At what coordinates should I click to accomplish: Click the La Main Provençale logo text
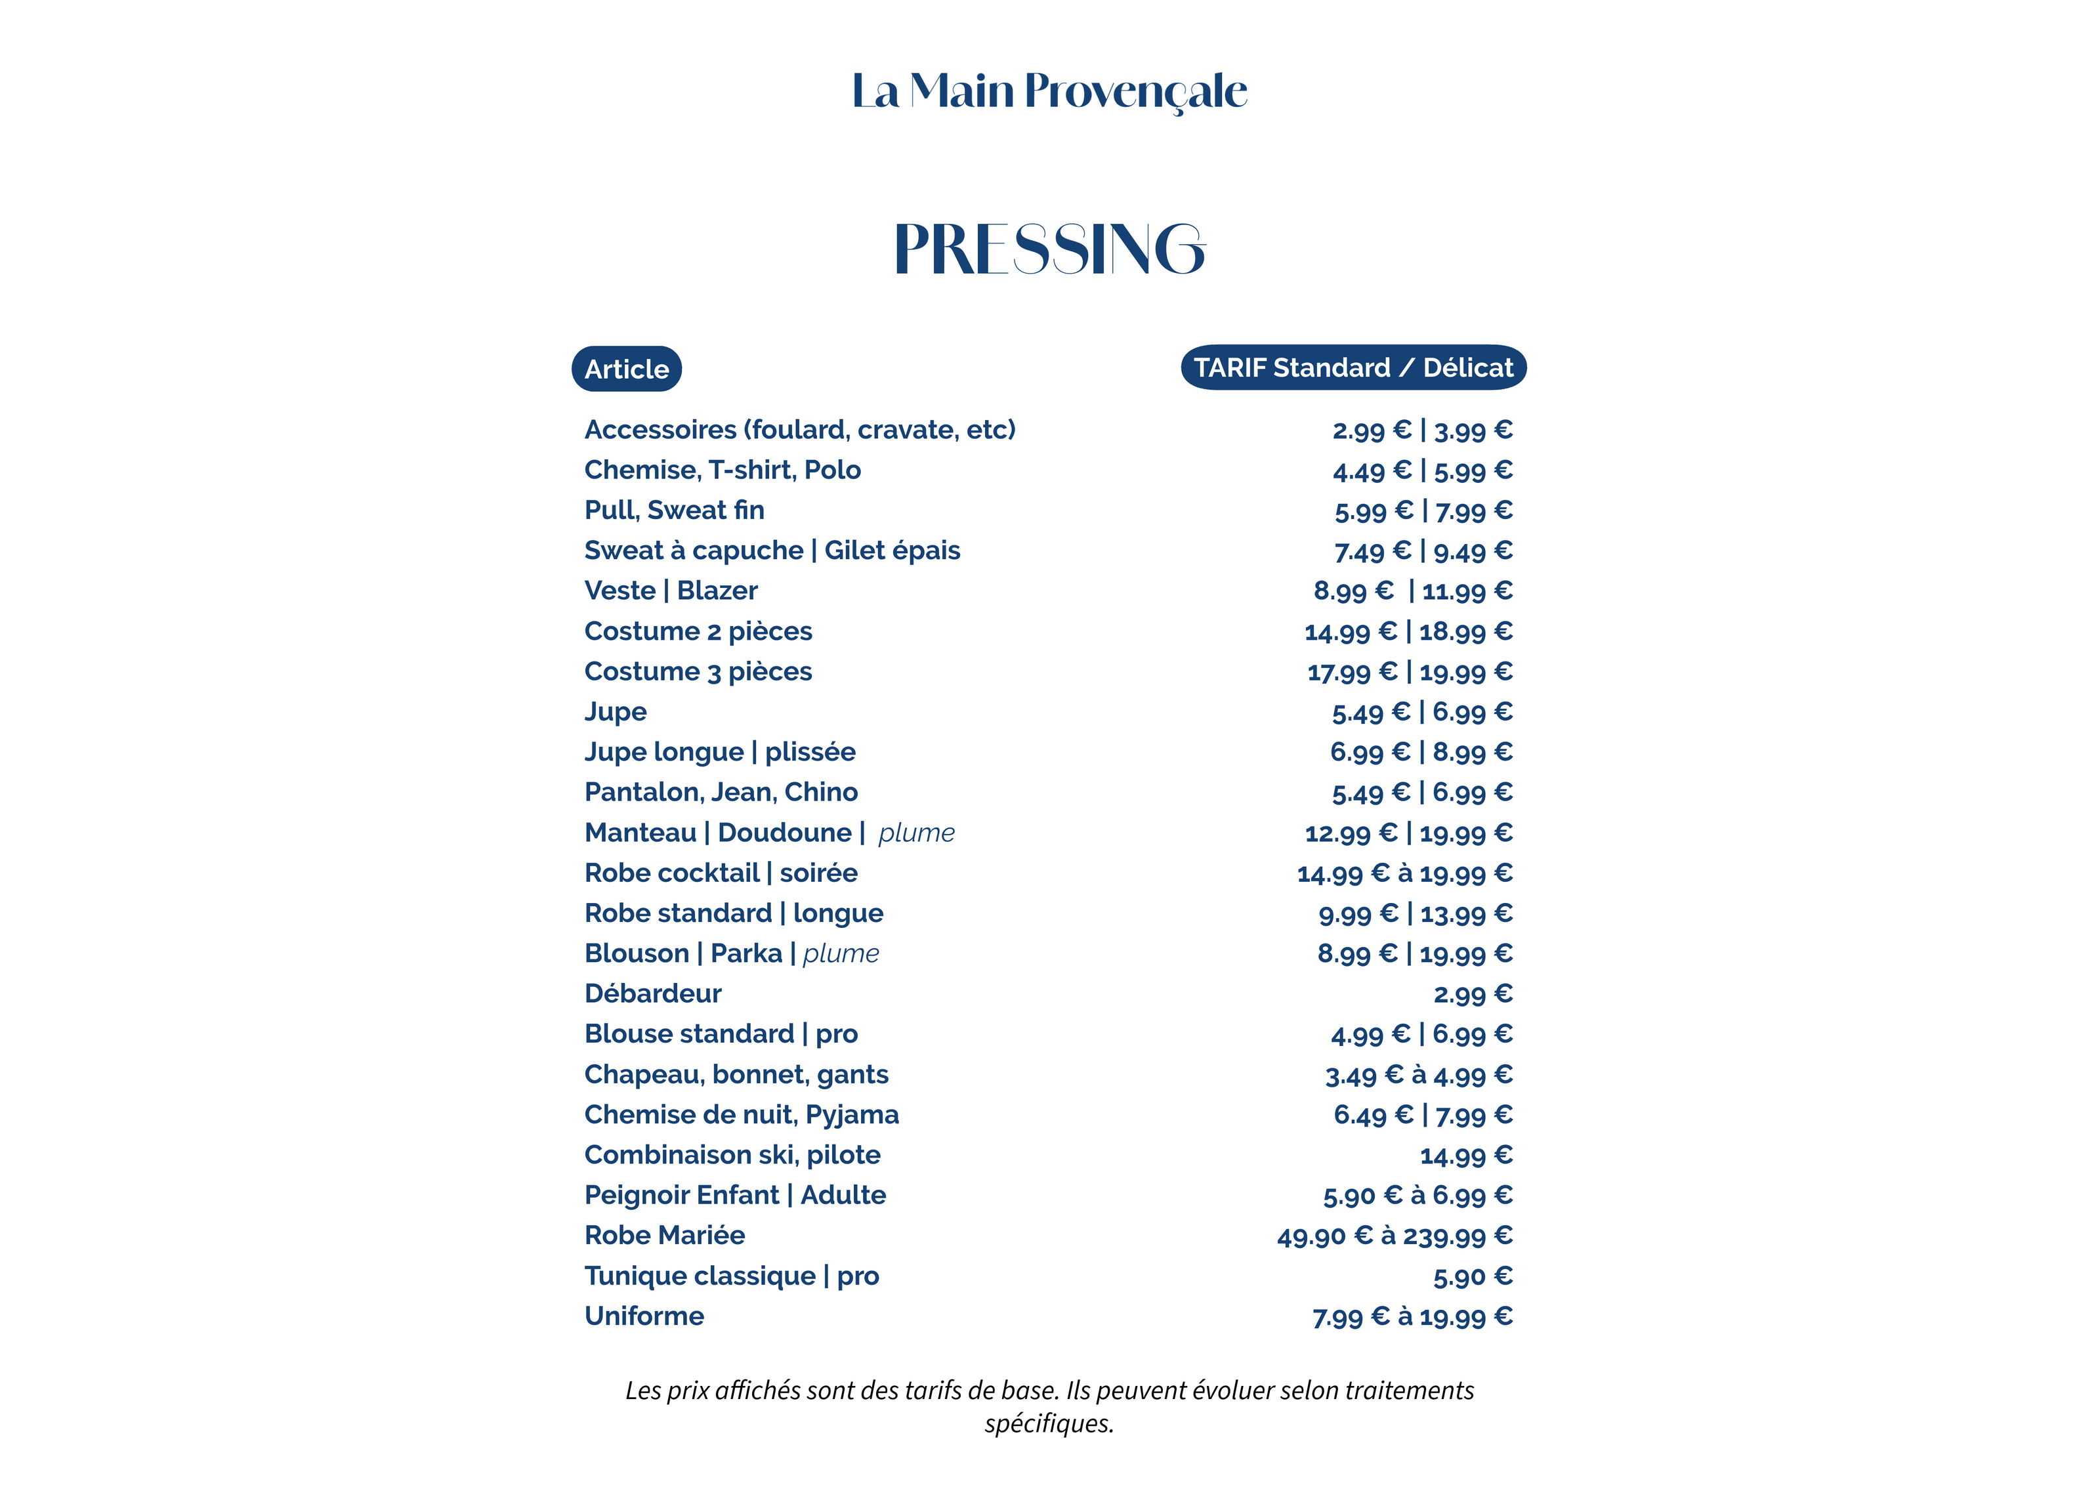(x=1049, y=91)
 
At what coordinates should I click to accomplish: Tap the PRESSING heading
(x=1049, y=249)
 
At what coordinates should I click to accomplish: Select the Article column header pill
(x=627, y=369)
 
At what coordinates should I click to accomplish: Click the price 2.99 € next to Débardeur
(x=1473, y=994)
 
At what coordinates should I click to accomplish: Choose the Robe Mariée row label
(x=665, y=1236)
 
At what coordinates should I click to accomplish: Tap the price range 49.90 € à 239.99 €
(x=1395, y=1236)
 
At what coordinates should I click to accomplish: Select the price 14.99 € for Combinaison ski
(x=1466, y=1156)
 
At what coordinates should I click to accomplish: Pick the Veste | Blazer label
(x=671, y=591)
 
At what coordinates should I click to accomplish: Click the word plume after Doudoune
(x=917, y=833)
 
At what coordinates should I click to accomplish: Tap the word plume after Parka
(x=841, y=953)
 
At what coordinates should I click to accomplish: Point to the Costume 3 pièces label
(x=698, y=671)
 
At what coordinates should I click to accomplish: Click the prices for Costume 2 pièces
(x=1408, y=632)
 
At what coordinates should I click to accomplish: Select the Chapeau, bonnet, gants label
(x=736, y=1074)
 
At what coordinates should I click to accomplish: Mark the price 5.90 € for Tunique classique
(x=1473, y=1276)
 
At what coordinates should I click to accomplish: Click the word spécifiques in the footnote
(x=1049, y=1424)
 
